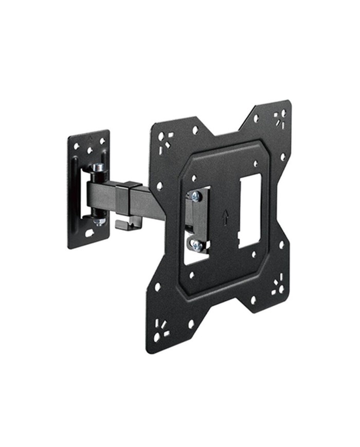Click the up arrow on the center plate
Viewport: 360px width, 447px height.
pos(225,217)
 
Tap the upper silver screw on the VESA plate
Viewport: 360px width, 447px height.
pos(195,195)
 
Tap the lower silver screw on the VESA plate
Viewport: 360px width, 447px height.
pos(196,245)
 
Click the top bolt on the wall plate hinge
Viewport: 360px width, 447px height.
pos(98,168)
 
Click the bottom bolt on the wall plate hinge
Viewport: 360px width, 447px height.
pos(99,220)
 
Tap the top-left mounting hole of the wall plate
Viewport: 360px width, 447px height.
pos(76,146)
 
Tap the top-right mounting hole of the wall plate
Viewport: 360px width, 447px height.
pos(101,140)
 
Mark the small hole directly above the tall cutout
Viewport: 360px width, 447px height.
pos(256,164)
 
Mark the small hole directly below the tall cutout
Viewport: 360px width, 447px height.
pos(253,254)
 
